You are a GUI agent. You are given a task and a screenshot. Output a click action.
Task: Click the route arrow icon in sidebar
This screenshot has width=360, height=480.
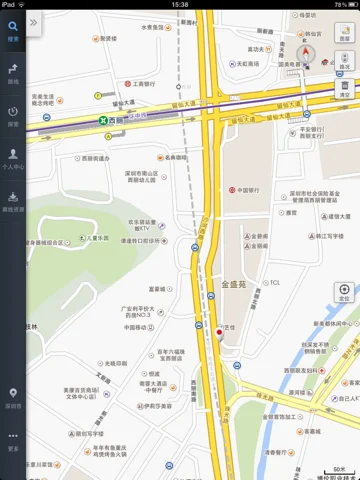point(13,70)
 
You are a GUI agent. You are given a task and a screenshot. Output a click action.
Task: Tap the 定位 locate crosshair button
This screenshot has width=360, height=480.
point(343,291)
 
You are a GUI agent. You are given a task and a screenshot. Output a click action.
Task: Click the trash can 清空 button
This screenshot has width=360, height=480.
point(344,88)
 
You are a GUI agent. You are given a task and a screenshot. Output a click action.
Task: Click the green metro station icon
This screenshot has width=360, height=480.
point(104,118)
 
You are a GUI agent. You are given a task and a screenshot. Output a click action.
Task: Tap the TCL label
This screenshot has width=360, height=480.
point(276,282)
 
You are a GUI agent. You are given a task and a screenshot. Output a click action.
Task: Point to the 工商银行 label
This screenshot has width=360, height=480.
point(140,85)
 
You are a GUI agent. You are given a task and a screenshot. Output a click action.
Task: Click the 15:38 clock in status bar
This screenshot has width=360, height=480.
point(180,4)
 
